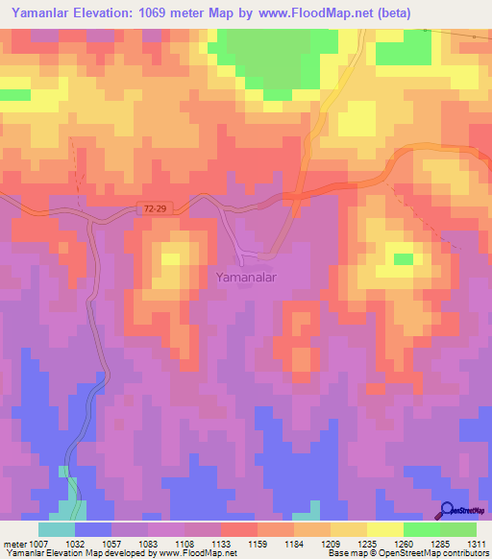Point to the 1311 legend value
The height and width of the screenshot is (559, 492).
pyautogui.click(x=478, y=544)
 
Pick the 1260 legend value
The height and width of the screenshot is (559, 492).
pyautogui.click(x=406, y=544)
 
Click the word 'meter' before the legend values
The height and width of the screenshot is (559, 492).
pyautogui.click(x=13, y=544)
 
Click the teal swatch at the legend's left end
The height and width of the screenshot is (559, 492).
pyautogui.click(x=57, y=529)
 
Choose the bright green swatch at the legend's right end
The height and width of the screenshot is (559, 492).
pyautogui.click(x=458, y=529)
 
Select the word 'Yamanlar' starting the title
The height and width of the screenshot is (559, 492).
pyautogui.click(x=44, y=14)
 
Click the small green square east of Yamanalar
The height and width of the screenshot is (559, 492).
pyautogui.click(x=404, y=258)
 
